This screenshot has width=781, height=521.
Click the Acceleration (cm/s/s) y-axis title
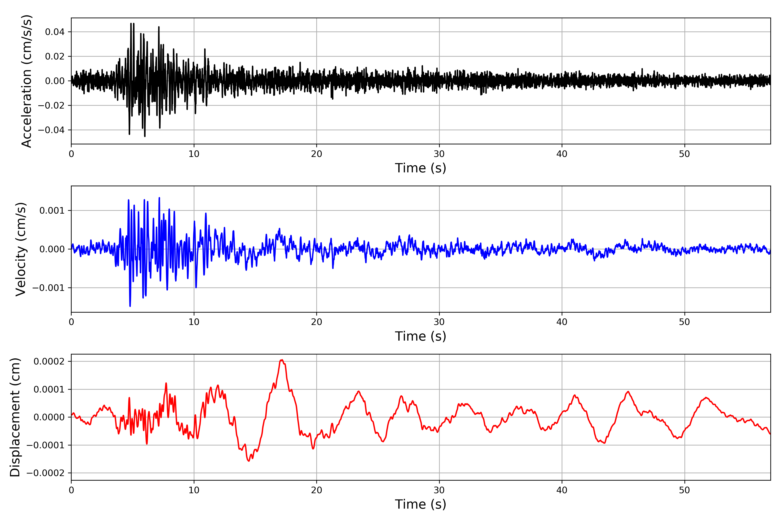tap(26, 81)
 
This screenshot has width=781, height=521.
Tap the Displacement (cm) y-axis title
tap(15, 417)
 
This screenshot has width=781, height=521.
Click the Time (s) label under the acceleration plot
tap(420, 168)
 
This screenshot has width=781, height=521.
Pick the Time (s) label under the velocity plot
tap(420, 336)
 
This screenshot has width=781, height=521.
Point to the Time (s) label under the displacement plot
tap(420, 504)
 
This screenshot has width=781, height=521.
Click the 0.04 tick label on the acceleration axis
tap(55, 32)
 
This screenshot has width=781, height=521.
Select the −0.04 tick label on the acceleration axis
tap(51, 130)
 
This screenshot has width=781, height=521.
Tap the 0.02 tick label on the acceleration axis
tap(55, 56)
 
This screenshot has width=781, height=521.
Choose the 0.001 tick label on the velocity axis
tap(52, 211)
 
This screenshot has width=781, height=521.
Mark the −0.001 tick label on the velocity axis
tap(48, 288)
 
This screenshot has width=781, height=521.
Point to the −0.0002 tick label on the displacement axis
tap(46, 473)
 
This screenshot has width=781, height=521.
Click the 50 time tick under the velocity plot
tap(684, 322)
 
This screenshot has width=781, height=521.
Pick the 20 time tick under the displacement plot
tap(317, 490)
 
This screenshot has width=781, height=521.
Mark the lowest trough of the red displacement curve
tap(249, 461)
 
